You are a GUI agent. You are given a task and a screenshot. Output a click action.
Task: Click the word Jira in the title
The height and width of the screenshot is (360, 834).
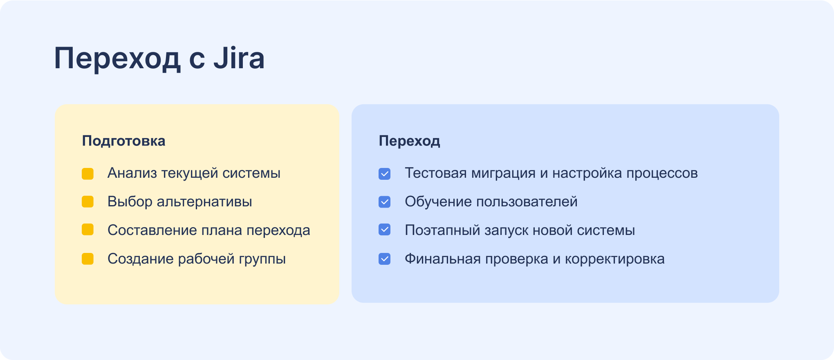point(239,58)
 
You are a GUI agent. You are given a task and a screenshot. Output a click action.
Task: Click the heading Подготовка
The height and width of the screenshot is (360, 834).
point(123,141)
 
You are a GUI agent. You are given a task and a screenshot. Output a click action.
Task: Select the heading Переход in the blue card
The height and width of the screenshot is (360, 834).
point(409,141)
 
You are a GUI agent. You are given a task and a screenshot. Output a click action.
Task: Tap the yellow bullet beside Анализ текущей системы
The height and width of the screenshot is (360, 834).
point(87,174)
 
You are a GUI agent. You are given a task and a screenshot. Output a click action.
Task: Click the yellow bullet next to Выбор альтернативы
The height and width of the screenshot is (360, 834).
point(87,202)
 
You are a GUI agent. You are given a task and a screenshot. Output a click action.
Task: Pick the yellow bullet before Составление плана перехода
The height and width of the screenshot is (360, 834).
point(87,230)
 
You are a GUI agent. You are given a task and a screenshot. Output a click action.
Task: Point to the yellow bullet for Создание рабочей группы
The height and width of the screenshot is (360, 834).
point(87,259)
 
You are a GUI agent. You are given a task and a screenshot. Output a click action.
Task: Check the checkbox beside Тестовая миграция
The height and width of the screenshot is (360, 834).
point(384,174)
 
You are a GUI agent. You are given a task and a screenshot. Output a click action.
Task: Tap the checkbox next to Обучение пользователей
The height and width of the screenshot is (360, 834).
point(384,202)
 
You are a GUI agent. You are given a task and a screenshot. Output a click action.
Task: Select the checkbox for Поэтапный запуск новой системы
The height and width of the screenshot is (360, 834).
point(384,230)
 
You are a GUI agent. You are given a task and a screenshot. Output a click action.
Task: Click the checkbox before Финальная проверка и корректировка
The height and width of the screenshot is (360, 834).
point(384,259)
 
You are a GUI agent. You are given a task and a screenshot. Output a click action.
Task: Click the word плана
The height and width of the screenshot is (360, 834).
point(224,230)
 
